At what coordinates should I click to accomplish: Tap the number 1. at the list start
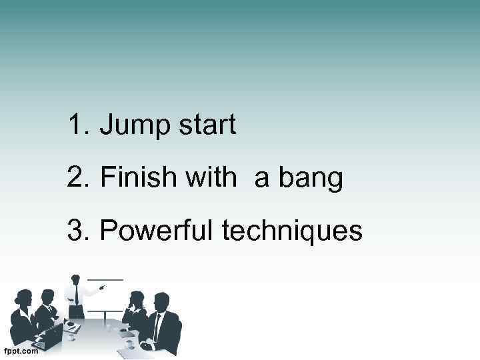79,125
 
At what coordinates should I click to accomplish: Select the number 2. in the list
79,178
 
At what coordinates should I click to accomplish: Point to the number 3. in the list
79,231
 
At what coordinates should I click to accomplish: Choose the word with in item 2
211,178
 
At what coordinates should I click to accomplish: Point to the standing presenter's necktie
76,294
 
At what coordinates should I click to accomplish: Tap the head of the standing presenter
75,279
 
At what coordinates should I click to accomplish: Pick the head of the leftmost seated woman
25,297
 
